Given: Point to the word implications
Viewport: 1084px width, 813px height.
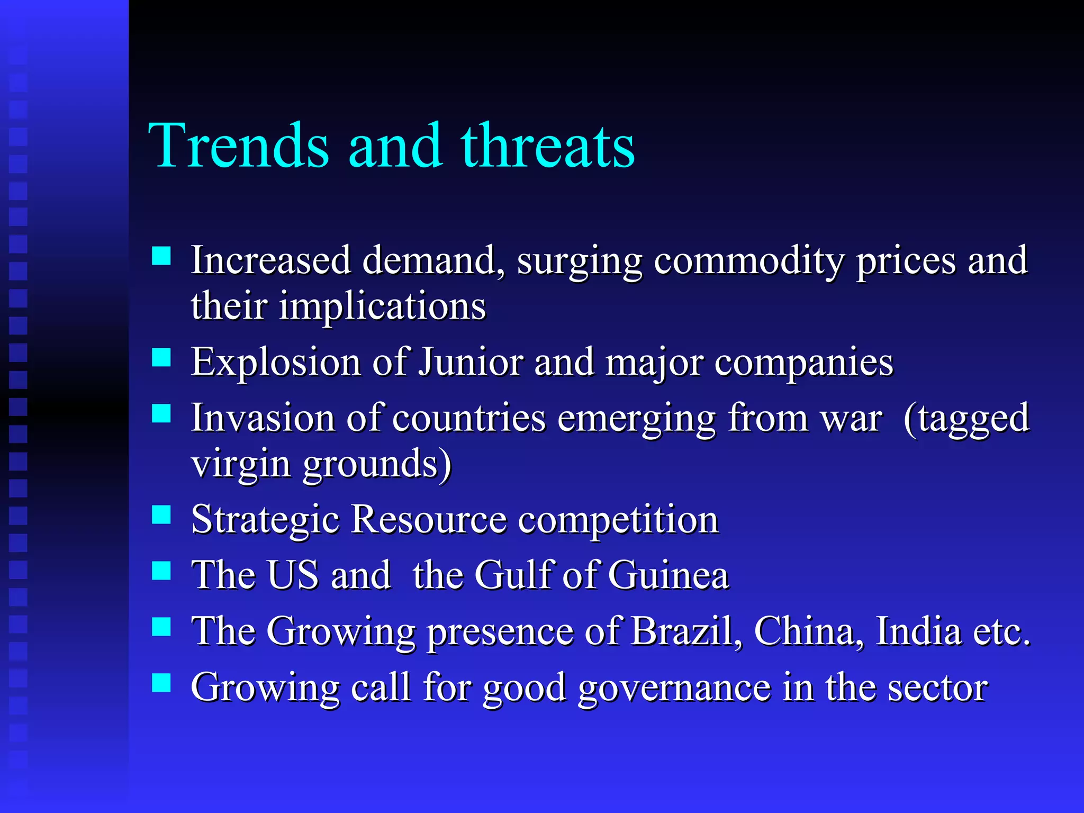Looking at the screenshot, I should [x=382, y=306].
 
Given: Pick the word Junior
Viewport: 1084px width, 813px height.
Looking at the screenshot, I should [x=471, y=363].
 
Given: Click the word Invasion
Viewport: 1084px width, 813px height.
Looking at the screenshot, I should [x=263, y=418].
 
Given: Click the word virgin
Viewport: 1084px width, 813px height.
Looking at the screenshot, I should [x=241, y=464].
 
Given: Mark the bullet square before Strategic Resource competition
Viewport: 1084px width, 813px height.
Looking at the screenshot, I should [x=161, y=514].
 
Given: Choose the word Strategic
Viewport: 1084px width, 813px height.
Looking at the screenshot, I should [x=265, y=520].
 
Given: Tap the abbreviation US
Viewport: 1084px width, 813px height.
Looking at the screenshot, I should [x=293, y=575].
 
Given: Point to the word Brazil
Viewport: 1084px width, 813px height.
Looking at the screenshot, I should [x=686, y=631].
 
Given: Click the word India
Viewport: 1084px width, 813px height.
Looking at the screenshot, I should [x=918, y=631].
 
